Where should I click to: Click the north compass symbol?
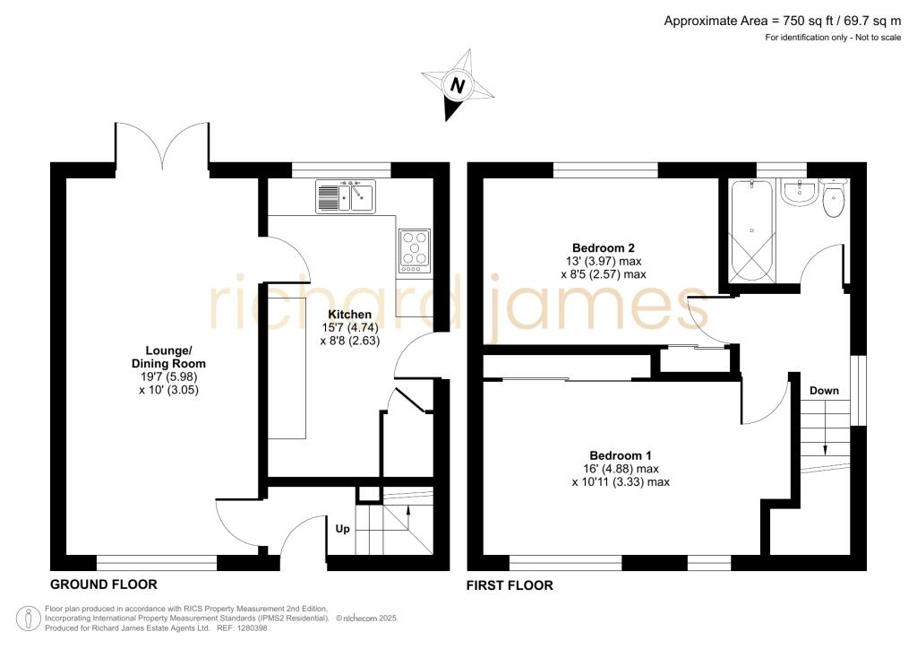tap(458, 86)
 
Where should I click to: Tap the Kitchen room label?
tap(349, 315)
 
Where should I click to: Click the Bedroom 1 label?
tap(621, 454)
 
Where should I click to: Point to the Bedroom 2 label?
tap(604, 248)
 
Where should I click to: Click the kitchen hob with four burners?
tap(414, 250)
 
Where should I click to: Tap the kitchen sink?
tap(346, 197)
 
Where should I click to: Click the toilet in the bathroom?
tap(833, 202)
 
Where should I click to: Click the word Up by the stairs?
tap(343, 529)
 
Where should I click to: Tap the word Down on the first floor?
tap(824, 391)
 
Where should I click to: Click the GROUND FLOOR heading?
tap(103, 584)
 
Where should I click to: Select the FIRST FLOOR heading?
tap(510, 585)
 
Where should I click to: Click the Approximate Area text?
tap(783, 21)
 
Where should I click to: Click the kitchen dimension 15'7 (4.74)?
tap(349, 328)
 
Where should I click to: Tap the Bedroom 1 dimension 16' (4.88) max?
tap(621, 469)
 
